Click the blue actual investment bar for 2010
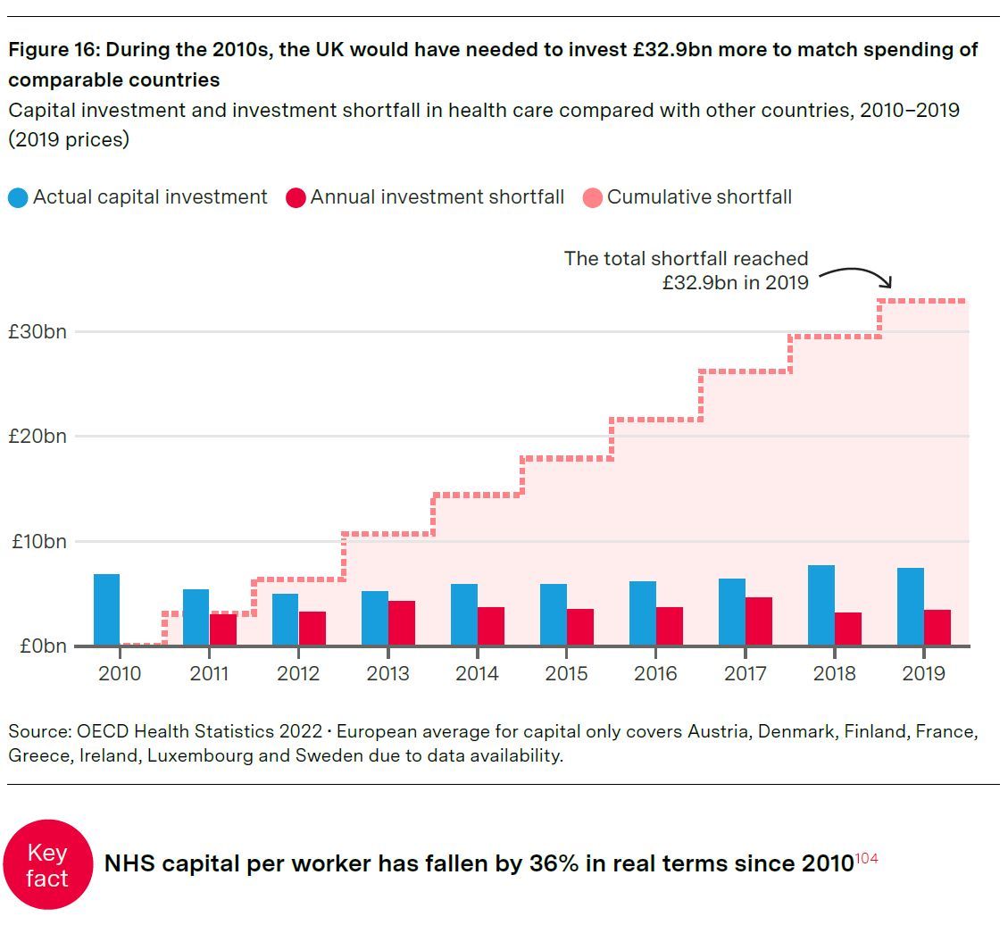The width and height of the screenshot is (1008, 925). coord(106,610)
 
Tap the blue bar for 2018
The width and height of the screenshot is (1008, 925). coord(821,605)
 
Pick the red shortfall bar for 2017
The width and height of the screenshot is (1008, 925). coord(759,621)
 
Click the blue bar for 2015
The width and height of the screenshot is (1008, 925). coord(553,615)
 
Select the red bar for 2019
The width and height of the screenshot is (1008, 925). coord(937,628)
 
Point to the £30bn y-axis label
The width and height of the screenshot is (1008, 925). coord(37,331)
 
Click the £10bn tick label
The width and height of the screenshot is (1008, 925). coord(37,541)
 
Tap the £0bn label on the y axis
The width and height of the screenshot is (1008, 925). coord(42,646)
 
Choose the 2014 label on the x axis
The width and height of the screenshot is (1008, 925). coord(477,673)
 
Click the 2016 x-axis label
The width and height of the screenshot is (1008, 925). coord(655,673)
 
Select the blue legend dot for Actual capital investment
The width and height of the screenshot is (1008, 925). coord(18,197)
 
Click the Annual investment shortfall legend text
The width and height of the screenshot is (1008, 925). coord(437,197)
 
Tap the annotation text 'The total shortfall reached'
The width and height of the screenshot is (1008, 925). coord(686,259)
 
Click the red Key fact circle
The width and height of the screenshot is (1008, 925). coord(47,865)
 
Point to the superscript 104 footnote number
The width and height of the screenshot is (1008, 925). coord(866,858)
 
